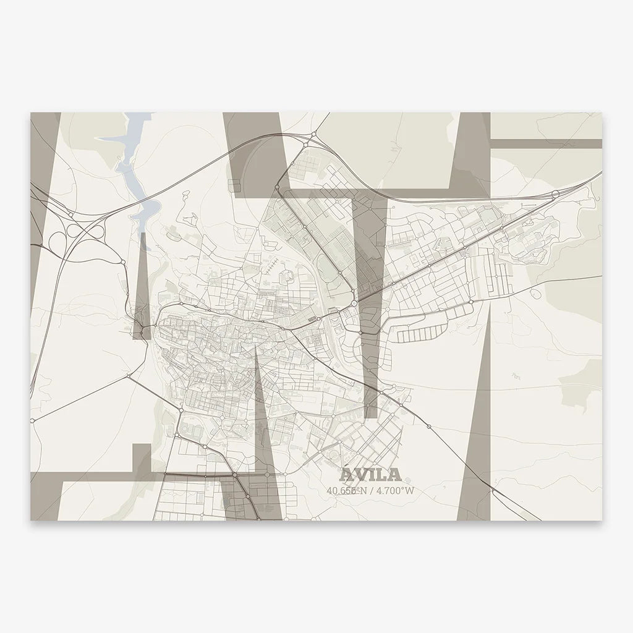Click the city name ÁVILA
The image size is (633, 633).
370,475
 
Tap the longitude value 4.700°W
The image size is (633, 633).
391,491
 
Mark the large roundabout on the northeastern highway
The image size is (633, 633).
554,193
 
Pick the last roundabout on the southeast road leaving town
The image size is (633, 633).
429,427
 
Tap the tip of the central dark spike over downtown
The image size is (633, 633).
255,344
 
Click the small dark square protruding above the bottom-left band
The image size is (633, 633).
142,458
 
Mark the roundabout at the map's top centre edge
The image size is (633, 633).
314,134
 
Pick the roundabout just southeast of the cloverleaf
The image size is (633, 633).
124,263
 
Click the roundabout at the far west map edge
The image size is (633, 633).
33,420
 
